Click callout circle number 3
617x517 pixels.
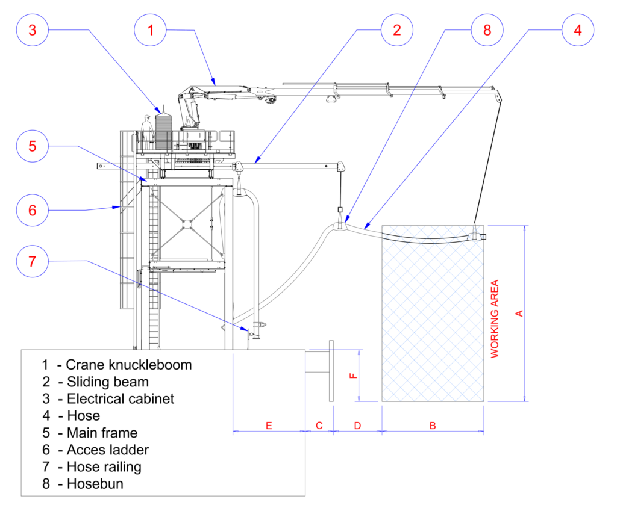pyautogui.click(x=33, y=31)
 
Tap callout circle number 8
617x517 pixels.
pyautogui.click(x=487, y=31)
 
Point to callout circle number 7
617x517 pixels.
pyautogui.click(x=33, y=261)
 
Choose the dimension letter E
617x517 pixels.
pyautogui.click(x=269, y=426)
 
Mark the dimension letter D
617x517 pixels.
pyautogui.click(x=357, y=426)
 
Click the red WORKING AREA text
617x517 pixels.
pyautogui.click(x=495, y=319)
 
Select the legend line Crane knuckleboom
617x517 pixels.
pyautogui.click(x=117, y=365)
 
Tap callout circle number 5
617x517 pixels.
pyautogui.click(x=33, y=146)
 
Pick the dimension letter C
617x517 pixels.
pyautogui.click(x=319, y=426)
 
